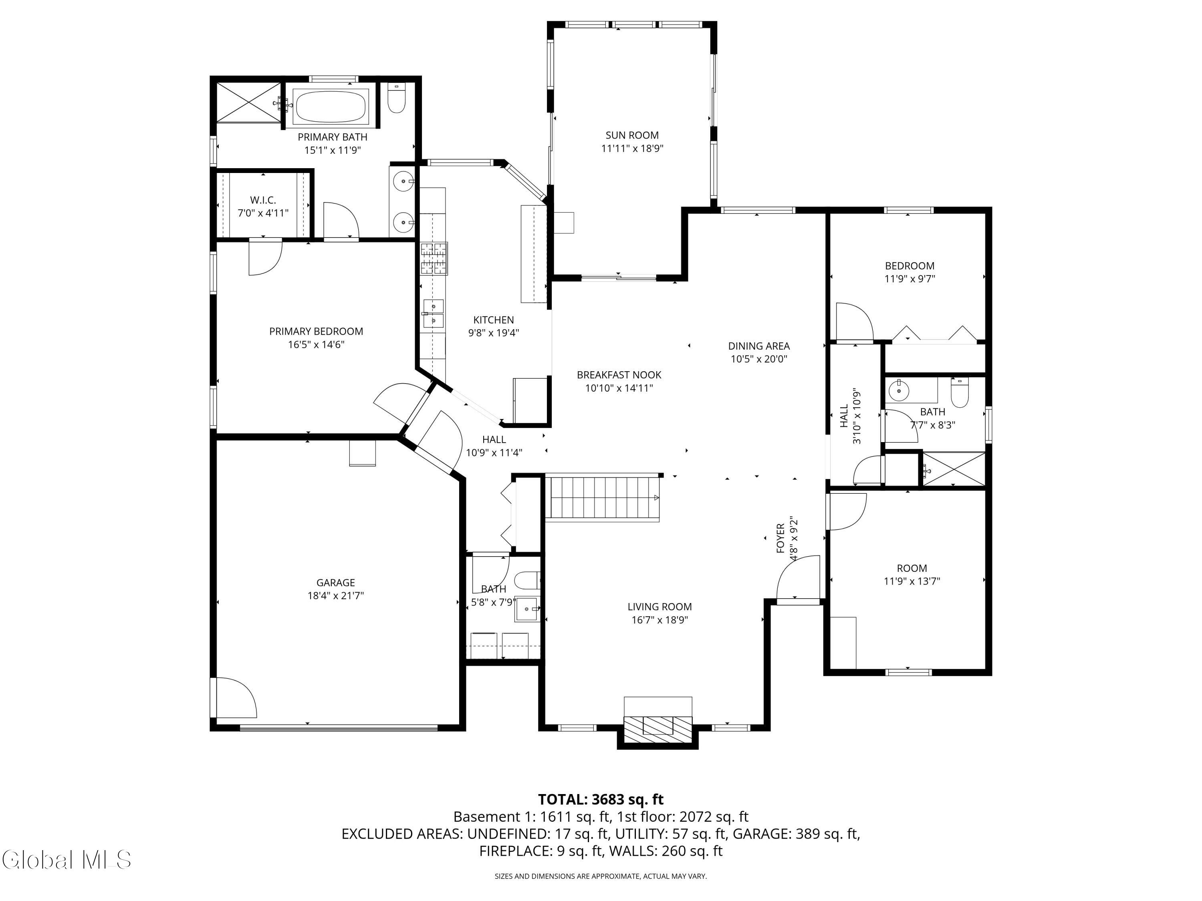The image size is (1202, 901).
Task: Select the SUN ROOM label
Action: click(x=632, y=135)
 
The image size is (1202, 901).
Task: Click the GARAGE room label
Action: click(x=335, y=583)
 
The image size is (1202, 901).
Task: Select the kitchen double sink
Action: click(x=433, y=314)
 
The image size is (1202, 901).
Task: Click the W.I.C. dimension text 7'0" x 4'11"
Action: click(x=263, y=213)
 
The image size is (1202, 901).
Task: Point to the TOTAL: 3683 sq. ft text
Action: click(x=601, y=799)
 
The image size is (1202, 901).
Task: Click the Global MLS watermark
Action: click(x=66, y=860)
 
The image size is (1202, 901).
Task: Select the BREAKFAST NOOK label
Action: click(x=619, y=375)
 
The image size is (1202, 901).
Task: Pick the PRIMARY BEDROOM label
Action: click(x=316, y=331)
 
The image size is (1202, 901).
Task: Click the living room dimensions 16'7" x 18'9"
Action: click(x=659, y=620)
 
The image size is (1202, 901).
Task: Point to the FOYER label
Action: click(x=780, y=538)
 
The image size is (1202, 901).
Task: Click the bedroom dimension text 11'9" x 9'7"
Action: click(x=910, y=279)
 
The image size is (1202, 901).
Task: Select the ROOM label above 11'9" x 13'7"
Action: click(x=912, y=568)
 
